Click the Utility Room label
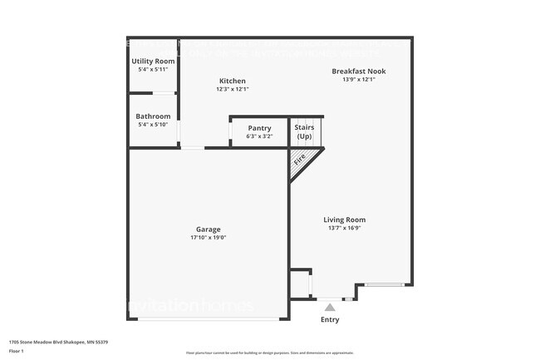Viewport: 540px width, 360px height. point(153,62)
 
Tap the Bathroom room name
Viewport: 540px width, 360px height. point(153,116)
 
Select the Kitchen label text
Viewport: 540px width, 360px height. point(232,81)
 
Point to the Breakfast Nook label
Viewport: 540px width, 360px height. point(358,72)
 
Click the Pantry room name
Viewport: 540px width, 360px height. point(259,128)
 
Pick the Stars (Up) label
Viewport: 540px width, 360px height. point(304,131)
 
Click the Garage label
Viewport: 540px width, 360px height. point(208,229)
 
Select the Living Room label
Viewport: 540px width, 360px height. point(344,220)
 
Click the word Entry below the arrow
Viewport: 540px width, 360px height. point(330,319)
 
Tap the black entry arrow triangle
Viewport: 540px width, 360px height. point(330,307)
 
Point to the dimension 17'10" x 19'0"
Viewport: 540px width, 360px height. point(208,238)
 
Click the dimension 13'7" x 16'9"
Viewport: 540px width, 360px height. point(344,229)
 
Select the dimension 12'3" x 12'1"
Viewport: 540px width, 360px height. point(232,89)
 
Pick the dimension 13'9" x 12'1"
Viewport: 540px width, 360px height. point(358,80)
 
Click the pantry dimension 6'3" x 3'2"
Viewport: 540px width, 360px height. point(259,136)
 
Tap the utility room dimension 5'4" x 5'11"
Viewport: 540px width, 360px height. point(153,70)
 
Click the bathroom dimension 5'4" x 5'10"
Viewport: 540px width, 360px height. point(153,125)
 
